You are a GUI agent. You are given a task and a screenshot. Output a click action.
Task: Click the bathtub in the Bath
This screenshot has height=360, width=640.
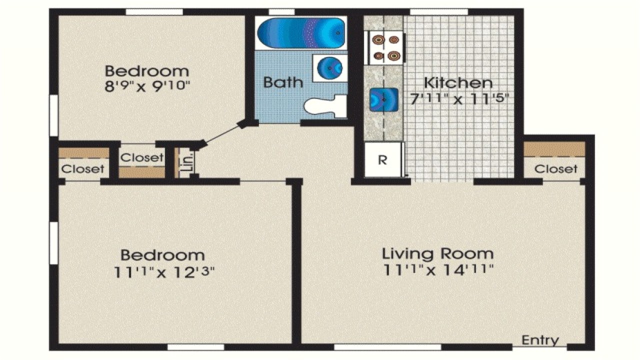(301, 33)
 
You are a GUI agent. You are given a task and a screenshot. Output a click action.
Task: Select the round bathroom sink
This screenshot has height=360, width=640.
(329, 67)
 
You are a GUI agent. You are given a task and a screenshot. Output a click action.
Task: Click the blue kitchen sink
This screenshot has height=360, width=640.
(383, 99)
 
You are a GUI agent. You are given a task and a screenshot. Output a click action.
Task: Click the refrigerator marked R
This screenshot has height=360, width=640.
(382, 160)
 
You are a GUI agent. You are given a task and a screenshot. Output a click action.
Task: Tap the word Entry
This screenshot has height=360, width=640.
(540, 340)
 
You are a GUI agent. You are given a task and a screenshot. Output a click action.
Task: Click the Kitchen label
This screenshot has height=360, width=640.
(458, 83)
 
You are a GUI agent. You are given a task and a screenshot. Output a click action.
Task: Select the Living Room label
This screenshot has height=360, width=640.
(437, 253)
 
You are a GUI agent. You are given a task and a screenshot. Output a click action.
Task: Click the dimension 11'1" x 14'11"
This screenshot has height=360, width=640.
(438, 270)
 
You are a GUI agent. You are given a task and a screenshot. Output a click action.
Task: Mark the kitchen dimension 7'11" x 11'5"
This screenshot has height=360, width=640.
(459, 98)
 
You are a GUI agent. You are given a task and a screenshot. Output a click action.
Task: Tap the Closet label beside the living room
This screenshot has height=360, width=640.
(555, 169)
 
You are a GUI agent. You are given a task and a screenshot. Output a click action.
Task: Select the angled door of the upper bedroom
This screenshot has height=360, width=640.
(220, 134)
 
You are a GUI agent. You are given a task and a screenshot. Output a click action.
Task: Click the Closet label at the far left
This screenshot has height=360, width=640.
(83, 169)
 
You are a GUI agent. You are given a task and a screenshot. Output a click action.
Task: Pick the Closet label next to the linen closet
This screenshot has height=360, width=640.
(142, 157)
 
